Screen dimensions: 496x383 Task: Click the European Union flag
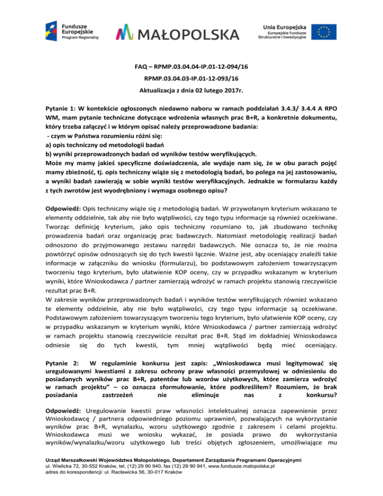[325, 33]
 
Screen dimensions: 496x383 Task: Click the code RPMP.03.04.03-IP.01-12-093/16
[191, 78]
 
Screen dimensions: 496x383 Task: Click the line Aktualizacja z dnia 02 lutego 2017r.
[191, 91]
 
